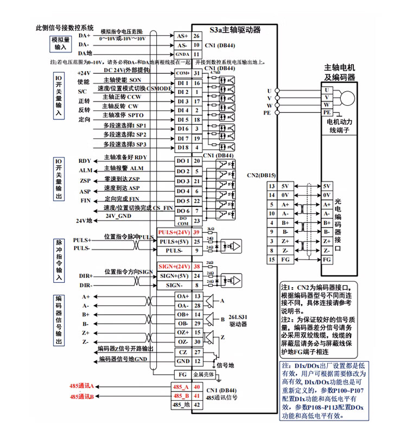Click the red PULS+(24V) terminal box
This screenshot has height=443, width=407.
pos(175,232)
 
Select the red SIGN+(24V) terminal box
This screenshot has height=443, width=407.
pos(174,267)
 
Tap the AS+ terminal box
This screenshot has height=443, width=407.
pos(182,36)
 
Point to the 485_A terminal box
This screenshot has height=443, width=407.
pos(181,387)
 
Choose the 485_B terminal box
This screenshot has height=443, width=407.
pos(181,396)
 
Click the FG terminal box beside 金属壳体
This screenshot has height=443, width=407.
pos(182,375)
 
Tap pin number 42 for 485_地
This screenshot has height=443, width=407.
pos(197,405)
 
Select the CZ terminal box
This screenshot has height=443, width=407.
pos(182,352)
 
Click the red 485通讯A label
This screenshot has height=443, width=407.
pos(82,386)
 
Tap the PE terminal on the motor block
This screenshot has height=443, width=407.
pos(327,113)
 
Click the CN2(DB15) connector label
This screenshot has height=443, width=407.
pos(262,175)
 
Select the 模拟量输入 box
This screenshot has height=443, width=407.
pos(60,43)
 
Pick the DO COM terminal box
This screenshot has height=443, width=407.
pos(182,220)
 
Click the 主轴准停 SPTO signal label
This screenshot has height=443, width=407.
pos(123,116)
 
